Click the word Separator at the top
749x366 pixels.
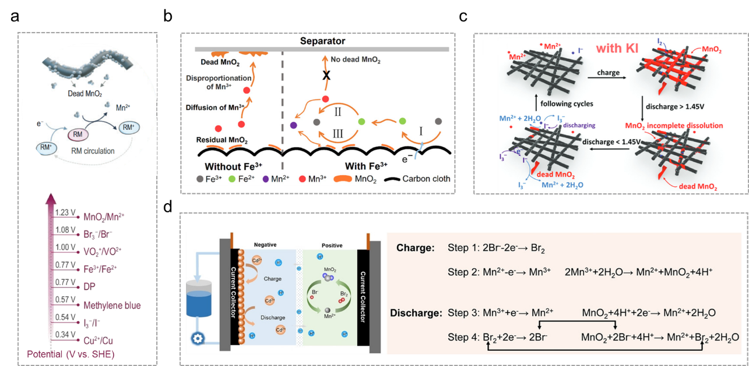pyautogui.click(x=322, y=41)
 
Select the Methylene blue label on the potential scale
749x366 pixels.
pyautogui.click(x=111, y=305)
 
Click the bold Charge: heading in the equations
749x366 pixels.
pyautogui.click(x=415, y=248)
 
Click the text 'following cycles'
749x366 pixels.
pyautogui.click(x=559, y=104)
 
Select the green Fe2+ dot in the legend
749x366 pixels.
pyautogui.click(x=231, y=179)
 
